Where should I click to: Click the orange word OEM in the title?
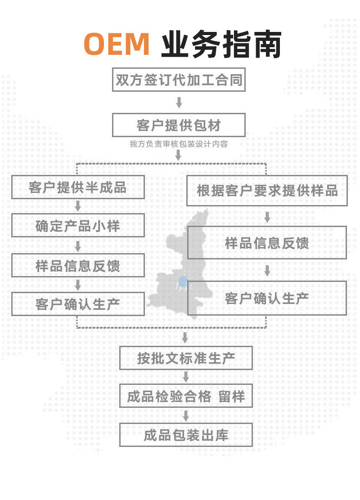pos(117,44)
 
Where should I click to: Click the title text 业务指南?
pos(221,44)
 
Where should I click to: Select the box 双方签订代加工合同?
pos(179,80)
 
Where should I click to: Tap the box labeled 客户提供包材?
pos(179,125)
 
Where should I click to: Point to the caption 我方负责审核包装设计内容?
pos(179,144)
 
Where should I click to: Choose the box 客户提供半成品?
pos(78,187)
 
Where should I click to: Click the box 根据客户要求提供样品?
pos(267,190)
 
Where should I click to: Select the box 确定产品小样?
pos(78,225)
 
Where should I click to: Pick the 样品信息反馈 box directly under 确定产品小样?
pos(78,265)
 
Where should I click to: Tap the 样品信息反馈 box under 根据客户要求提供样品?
pos(267,243)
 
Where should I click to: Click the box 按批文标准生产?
pos(186,358)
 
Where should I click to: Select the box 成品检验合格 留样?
pos(186,396)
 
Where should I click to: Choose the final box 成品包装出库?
pos(186,435)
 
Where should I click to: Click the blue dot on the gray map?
pos(182,282)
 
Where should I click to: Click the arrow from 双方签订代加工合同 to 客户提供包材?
pos(179,103)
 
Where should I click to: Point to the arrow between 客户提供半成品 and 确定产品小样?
pos(78,206)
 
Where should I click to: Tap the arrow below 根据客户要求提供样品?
pos(267,217)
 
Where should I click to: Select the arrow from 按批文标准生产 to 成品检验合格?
pos(186,377)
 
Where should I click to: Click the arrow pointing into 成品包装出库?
pos(186,415)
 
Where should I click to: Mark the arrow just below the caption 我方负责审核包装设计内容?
pos(179,155)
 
